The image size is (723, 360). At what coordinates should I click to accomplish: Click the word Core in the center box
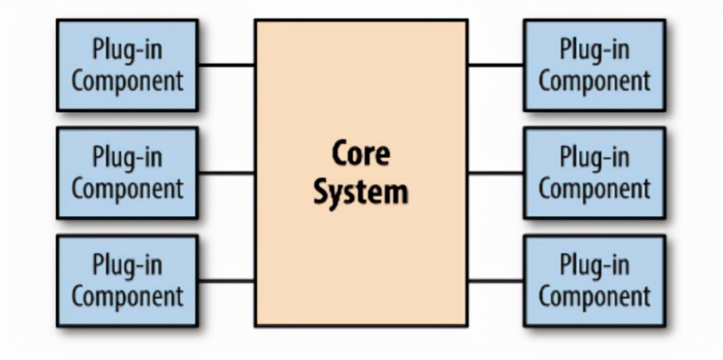pos(360,153)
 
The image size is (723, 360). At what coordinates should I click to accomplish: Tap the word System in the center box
pos(360,192)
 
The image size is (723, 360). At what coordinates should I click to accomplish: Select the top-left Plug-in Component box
pos(127,65)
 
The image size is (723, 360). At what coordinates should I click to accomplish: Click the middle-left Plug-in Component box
pos(127,173)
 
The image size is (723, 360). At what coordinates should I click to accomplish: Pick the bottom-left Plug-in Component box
pos(127,281)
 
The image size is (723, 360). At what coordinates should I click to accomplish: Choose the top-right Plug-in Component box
pos(594,65)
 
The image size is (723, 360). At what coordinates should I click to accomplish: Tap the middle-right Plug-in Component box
pos(594,173)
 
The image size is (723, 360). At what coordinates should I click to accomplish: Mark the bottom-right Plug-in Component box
pos(594,281)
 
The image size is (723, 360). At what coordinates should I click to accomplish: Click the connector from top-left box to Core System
pos(226,65)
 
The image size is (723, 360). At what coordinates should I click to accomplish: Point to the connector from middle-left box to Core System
pos(226,173)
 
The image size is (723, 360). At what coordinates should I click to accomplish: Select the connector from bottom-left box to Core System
pos(226,281)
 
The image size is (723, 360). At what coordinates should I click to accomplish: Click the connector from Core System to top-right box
pos(496,65)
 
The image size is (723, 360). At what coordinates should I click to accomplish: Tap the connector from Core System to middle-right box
pos(496,173)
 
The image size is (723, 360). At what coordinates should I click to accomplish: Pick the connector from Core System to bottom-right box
pos(496,281)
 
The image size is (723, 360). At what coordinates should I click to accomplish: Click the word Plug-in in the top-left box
pos(127,50)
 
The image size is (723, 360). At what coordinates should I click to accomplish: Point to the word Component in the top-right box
pos(594,81)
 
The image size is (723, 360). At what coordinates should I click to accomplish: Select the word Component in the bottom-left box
pos(127,296)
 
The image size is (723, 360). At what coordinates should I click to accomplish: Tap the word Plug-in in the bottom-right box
pos(594,265)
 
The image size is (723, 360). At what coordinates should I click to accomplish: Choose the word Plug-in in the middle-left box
pos(127,158)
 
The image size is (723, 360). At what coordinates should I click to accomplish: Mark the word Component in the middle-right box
pos(594,189)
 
